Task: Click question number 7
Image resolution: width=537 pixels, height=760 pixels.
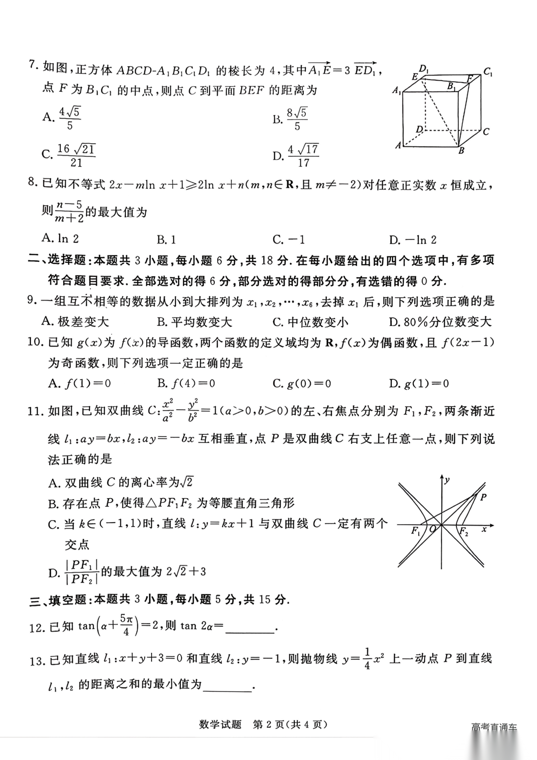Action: click(34, 66)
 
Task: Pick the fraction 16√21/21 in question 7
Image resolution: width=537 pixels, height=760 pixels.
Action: click(76, 155)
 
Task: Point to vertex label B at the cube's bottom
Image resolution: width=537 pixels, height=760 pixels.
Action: click(461, 150)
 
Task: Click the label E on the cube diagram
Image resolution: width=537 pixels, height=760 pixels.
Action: click(415, 76)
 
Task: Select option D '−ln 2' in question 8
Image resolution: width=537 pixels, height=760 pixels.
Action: click(413, 240)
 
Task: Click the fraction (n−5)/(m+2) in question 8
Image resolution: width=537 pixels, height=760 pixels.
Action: click(69, 212)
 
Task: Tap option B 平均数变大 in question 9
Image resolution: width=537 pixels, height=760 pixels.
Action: click(194, 322)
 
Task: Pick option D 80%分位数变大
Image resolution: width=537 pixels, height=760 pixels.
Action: click(440, 322)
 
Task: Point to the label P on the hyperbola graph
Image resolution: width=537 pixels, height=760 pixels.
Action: click(483, 497)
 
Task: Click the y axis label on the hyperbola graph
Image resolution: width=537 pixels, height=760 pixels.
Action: click(447, 480)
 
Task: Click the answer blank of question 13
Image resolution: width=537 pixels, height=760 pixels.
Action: click(228, 686)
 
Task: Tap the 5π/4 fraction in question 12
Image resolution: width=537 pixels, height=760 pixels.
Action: click(125, 625)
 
